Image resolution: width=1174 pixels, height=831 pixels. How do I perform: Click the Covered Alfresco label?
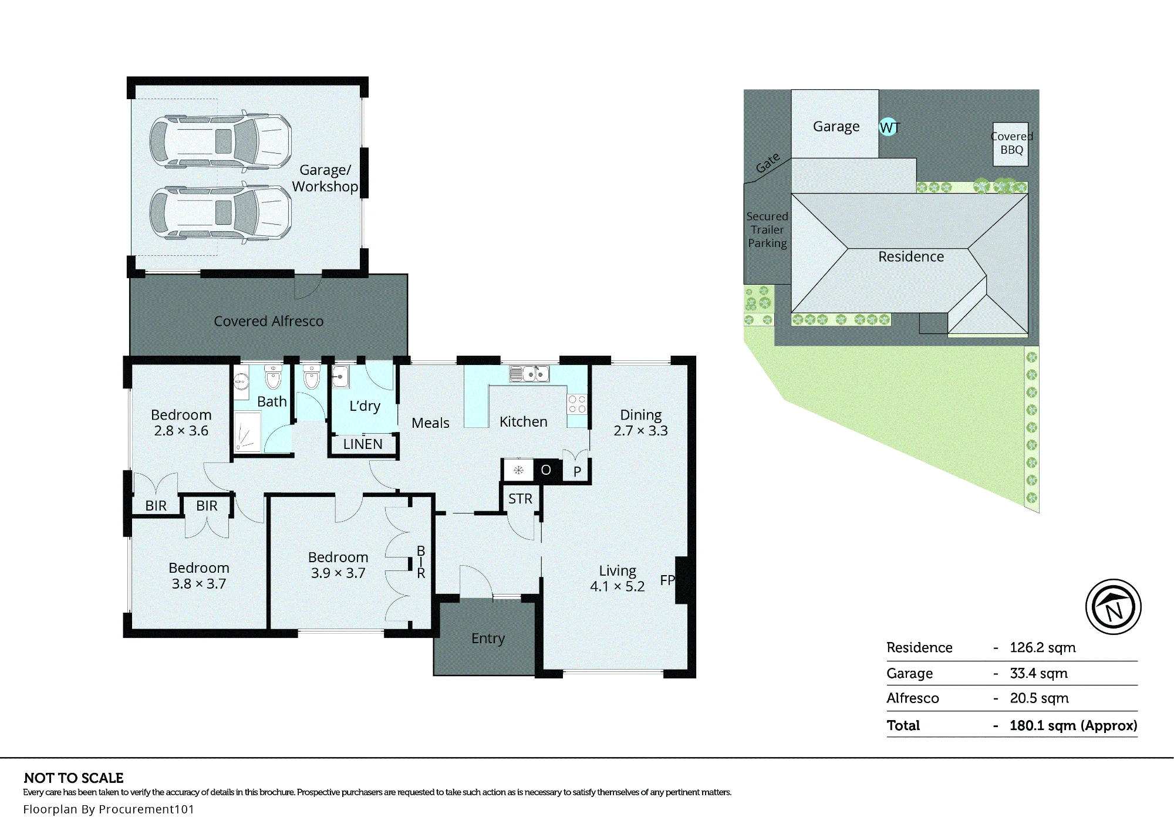click(268, 321)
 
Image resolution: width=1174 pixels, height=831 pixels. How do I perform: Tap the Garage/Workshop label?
click(325, 178)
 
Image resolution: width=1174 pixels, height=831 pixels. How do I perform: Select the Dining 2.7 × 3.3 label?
click(640, 423)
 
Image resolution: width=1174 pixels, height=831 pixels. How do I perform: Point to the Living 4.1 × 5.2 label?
click(617, 578)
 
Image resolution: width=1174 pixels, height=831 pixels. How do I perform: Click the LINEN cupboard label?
click(363, 444)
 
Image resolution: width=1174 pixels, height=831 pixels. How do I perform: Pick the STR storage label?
click(520, 499)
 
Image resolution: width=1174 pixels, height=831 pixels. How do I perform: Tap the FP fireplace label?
click(667, 580)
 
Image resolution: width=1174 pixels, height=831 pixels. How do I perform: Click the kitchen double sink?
click(529, 373)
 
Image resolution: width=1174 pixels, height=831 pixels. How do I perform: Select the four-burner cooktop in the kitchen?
click(576, 404)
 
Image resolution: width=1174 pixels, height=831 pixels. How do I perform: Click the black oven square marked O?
click(546, 469)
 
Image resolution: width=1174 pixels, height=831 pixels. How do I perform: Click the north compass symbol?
click(1113, 607)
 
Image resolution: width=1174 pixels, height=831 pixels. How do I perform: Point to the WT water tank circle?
click(889, 127)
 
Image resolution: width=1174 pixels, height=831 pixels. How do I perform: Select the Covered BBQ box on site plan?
click(1011, 144)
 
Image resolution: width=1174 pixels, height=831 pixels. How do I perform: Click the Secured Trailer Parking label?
click(767, 229)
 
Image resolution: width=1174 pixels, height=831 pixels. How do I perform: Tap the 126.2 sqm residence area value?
click(1043, 648)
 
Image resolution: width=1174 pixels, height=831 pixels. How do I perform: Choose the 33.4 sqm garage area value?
click(1038, 673)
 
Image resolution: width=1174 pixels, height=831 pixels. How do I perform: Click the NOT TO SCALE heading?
click(74, 778)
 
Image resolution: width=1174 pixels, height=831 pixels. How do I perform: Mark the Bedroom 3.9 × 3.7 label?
click(338, 565)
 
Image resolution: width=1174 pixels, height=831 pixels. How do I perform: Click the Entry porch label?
click(488, 639)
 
